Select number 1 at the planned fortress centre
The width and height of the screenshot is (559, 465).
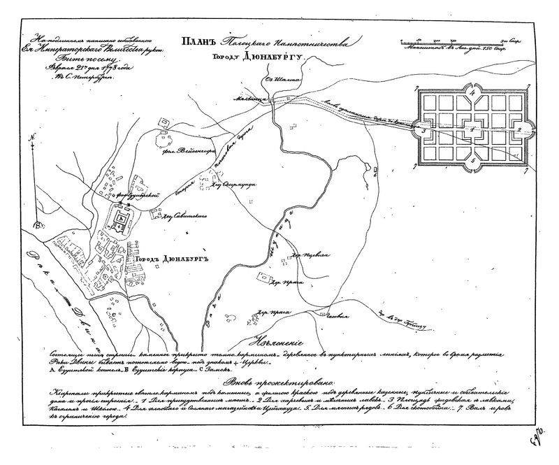(x=473, y=129)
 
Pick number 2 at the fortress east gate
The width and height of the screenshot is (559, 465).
(x=518, y=130)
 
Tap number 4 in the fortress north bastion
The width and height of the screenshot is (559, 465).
(x=473, y=92)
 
